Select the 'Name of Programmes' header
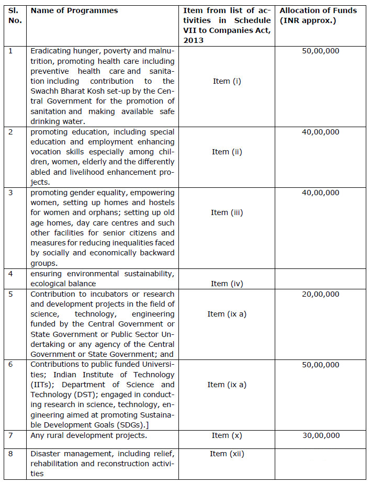point(74,10)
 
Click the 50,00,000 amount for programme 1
point(320,51)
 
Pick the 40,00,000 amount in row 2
point(320,132)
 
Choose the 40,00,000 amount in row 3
point(320,193)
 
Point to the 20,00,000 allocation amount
point(320,294)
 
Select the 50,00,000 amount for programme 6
point(320,365)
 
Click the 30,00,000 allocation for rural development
point(320,435)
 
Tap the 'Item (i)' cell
point(227,81)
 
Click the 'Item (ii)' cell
point(227,152)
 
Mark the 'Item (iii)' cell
point(227,212)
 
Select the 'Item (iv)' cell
point(227,284)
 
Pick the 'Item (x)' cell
point(227,435)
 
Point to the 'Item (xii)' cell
point(227,454)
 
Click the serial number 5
point(10,294)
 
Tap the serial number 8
point(10,454)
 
